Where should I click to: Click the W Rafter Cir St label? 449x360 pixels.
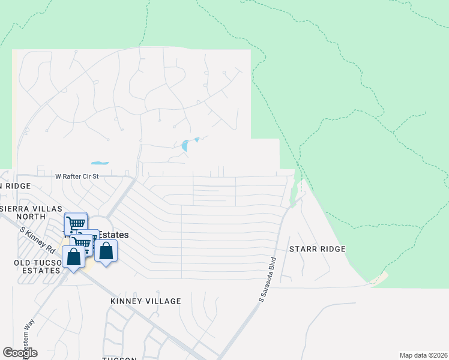tap(76, 176)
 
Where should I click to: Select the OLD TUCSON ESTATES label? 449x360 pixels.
tap(37, 266)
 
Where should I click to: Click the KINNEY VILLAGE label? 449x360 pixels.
tap(145, 301)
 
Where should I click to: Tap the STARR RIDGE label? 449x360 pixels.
tap(317, 249)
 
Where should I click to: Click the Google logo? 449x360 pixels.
tap(20, 353)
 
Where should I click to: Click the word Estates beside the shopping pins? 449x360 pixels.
tap(115, 234)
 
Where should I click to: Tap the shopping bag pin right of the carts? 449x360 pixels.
tap(106, 251)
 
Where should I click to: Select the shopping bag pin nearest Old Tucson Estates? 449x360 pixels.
tap(74, 259)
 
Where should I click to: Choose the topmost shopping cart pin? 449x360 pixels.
tap(76, 223)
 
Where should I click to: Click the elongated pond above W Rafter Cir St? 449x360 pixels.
tap(100, 163)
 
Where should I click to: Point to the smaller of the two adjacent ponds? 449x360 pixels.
tap(196, 140)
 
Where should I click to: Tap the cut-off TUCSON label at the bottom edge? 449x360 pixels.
tap(119, 358)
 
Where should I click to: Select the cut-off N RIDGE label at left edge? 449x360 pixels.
tap(15, 186)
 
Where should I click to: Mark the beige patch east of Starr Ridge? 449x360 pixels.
tap(379, 280)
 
